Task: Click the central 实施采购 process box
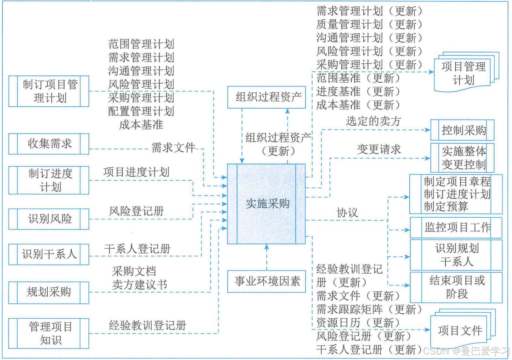click(267, 203)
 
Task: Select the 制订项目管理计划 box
click(49, 91)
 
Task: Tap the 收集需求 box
click(49, 145)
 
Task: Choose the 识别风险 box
click(49, 219)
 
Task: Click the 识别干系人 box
click(49, 254)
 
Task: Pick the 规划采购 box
click(49, 292)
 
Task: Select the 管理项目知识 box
click(49, 333)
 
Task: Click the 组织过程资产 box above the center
click(267, 97)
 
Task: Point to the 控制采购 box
click(462, 131)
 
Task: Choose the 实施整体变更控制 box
click(462, 158)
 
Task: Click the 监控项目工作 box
click(457, 227)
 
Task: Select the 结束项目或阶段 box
click(457, 287)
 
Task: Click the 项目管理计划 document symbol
click(463, 74)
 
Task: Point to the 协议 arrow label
click(347, 212)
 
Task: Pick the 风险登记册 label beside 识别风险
click(136, 211)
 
